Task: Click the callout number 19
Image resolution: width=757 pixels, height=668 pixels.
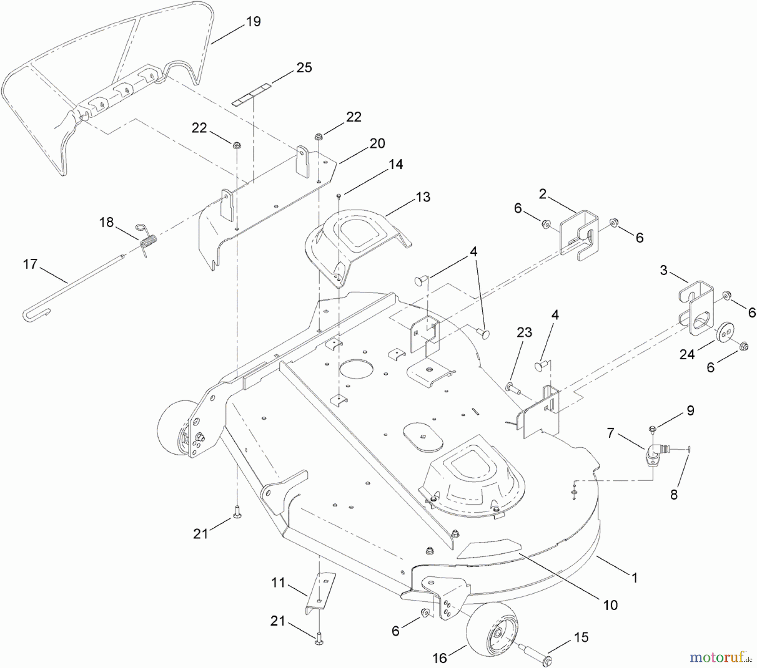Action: point(253,21)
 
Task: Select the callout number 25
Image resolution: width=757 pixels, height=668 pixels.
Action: point(304,68)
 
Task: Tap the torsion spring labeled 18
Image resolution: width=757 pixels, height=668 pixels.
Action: point(148,243)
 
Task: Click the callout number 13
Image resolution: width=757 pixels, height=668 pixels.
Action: point(423,197)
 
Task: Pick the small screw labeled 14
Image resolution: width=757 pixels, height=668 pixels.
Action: point(339,195)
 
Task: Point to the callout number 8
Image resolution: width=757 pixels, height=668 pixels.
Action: point(674,495)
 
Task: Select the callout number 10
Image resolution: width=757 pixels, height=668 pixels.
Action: point(610,605)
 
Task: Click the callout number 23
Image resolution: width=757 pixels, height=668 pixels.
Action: point(524,332)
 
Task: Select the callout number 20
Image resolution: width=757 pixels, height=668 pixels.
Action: point(377,143)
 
